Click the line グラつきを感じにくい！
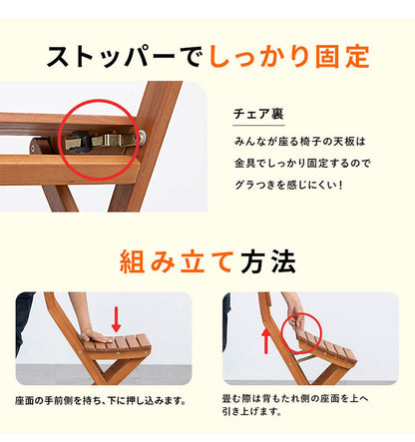tap(295, 184)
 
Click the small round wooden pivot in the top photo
tap(39, 147)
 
